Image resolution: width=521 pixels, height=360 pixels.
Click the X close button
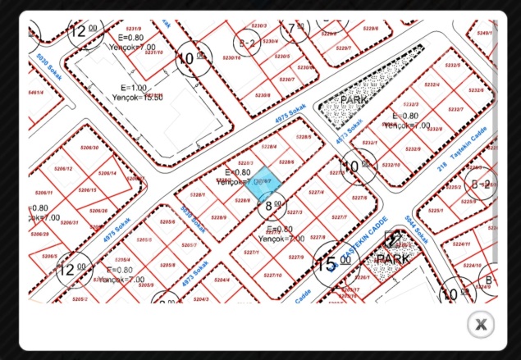tap(481, 325)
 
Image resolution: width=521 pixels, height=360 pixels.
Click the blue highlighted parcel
tap(264, 188)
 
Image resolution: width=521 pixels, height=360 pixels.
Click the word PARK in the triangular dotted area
tap(354, 100)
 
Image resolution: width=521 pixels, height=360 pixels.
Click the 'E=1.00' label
tap(134, 87)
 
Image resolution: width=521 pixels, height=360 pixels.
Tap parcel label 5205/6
tap(167, 222)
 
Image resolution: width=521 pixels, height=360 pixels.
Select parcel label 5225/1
tap(436, 210)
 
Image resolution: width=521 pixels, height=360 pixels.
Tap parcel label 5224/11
tap(462, 244)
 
